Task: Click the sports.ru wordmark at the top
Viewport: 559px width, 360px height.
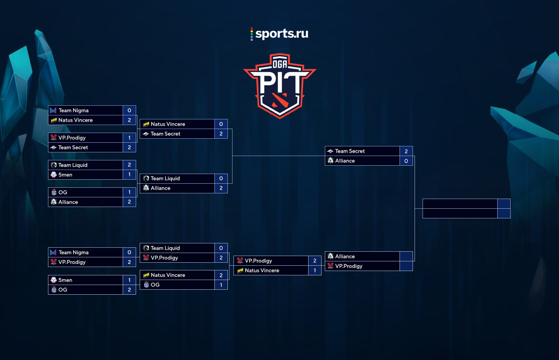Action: click(282, 34)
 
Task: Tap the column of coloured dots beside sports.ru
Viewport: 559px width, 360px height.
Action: click(251, 34)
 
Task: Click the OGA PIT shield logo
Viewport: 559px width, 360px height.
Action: click(280, 86)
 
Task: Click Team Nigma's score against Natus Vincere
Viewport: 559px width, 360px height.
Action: click(129, 110)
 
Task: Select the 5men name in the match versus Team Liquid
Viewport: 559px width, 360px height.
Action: click(65, 175)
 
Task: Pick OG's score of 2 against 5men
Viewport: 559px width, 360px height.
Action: click(129, 290)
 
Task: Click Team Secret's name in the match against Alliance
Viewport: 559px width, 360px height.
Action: click(350, 151)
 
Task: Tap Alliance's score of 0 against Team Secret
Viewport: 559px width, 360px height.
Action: click(406, 161)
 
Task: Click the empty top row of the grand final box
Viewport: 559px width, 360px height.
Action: click(460, 204)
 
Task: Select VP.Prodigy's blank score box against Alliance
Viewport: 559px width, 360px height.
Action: click(406, 266)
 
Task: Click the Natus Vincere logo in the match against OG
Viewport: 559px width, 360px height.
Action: click(146, 275)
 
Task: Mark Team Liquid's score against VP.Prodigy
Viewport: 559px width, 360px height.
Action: click(221, 248)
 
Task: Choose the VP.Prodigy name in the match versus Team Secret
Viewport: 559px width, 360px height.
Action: click(72, 138)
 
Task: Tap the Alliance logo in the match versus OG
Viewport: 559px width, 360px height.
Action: click(54, 202)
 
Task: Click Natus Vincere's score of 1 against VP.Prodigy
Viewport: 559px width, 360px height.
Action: click(315, 270)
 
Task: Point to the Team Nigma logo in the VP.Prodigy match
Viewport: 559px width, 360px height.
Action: click(53, 252)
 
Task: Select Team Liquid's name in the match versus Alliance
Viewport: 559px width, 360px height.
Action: click(165, 178)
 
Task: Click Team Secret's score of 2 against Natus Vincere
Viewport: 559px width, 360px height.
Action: click(221, 134)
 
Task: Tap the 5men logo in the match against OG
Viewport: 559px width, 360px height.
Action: click(54, 280)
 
